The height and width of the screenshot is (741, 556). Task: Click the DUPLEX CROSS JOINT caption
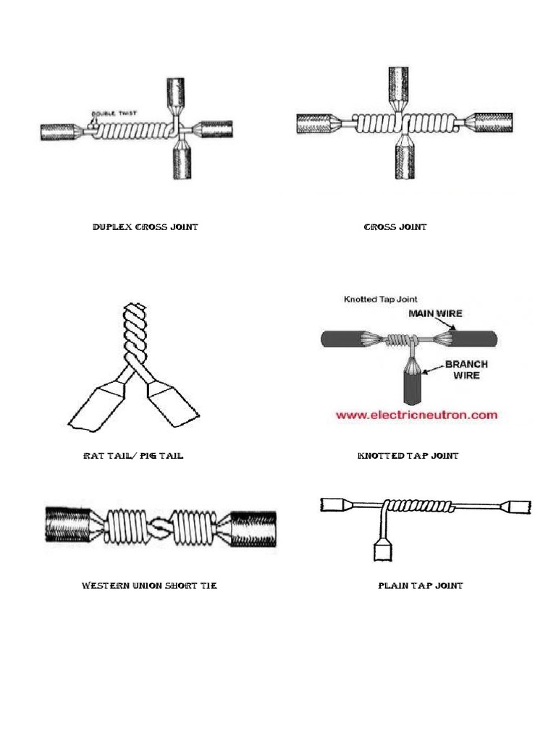point(145,227)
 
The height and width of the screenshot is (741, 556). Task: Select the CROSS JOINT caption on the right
point(395,227)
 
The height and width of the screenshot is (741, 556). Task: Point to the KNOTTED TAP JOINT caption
point(408,457)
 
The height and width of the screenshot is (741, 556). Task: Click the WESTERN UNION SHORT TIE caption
point(149,585)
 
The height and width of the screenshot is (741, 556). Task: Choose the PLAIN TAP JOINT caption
point(421,585)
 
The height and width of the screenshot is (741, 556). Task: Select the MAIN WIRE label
point(435,313)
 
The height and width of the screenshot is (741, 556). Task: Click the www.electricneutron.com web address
point(416,415)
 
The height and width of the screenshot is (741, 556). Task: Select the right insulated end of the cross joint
point(497,124)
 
